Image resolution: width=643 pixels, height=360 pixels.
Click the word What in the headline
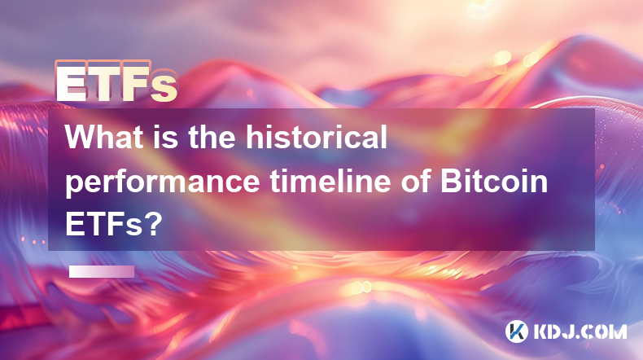[x=104, y=137]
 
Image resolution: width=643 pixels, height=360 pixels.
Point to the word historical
[x=317, y=137]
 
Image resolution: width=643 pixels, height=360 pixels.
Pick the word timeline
[x=330, y=181]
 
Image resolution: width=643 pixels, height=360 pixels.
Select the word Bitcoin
[x=494, y=181]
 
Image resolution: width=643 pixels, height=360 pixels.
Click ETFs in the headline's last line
[x=103, y=225]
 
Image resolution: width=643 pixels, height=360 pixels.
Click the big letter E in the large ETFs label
[x=71, y=82]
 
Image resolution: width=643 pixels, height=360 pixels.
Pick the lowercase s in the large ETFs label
[x=164, y=87]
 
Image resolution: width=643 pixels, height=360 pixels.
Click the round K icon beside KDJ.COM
[x=517, y=331]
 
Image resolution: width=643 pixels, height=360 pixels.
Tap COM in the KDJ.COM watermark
[x=606, y=331]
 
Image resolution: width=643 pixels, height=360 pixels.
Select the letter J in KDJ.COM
[x=572, y=331]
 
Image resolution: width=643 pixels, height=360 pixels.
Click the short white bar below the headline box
[x=102, y=271]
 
